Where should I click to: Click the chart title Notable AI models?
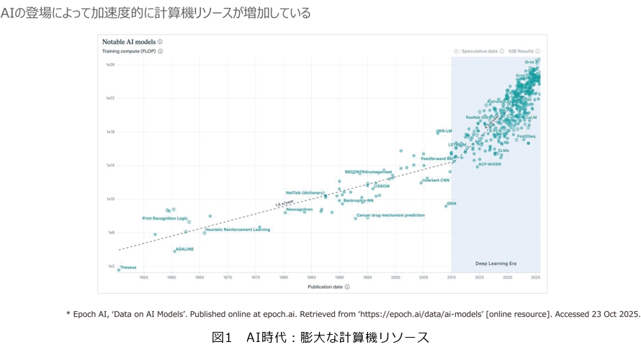pyautogui.click(x=128, y=42)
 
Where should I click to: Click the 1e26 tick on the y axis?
pyautogui.click(x=111, y=65)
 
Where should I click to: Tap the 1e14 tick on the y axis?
pyautogui.click(x=111, y=166)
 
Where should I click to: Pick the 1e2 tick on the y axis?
pyautogui.click(x=112, y=266)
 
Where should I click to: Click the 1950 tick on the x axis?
pyautogui.click(x=143, y=277)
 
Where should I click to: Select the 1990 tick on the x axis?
pyautogui.click(x=339, y=277)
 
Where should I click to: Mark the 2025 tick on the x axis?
pyautogui.click(x=535, y=277)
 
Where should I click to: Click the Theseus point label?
pyautogui.click(x=128, y=268)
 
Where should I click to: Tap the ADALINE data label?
pyautogui.click(x=185, y=249)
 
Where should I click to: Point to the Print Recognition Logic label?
pyautogui.click(x=164, y=218)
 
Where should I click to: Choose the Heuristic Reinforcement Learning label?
pyautogui.click(x=238, y=230)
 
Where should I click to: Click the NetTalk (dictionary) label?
pyautogui.click(x=305, y=193)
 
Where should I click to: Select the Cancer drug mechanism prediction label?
pyautogui.click(x=390, y=215)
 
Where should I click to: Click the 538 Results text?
pyautogui.click(x=521, y=52)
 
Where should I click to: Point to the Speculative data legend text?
pyautogui.click(x=480, y=52)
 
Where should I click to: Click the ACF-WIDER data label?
pyautogui.click(x=490, y=164)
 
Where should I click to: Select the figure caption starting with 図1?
pyautogui.click(x=320, y=337)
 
